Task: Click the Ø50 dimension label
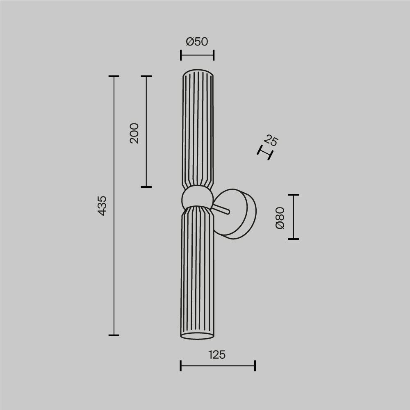click(x=197, y=41)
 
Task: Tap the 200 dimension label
click(x=134, y=133)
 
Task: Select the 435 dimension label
click(x=102, y=205)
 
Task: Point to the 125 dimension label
click(x=216, y=355)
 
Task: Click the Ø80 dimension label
click(x=280, y=218)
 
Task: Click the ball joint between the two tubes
click(x=197, y=198)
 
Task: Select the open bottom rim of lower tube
click(x=197, y=336)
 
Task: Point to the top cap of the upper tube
click(x=198, y=73)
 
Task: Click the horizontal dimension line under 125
click(x=217, y=366)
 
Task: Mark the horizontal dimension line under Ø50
click(x=197, y=55)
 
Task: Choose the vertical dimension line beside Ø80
click(x=294, y=216)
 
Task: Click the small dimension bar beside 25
click(x=265, y=153)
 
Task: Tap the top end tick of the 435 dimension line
click(x=114, y=76)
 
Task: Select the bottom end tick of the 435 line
click(x=114, y=335)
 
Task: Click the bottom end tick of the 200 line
click(x=146, y=187)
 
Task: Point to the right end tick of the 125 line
click(x=255, y=366)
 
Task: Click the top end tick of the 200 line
click(x=146, y=76)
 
